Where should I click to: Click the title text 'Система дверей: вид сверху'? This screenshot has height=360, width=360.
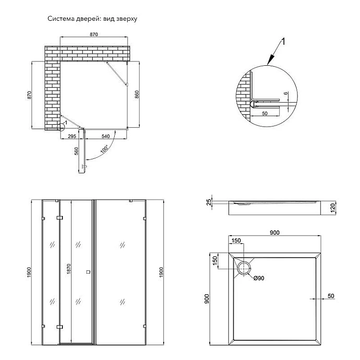coord(93,19)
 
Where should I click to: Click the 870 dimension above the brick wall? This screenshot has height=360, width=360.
coord(94,35)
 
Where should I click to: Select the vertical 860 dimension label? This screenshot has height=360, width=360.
coord(137,95)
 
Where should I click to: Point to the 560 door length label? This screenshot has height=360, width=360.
coord(76,153)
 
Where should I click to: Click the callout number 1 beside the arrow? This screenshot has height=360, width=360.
coord(283,42)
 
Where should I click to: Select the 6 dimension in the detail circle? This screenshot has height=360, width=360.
coord(285,94)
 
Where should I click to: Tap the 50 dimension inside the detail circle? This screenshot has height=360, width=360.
coord(264,113)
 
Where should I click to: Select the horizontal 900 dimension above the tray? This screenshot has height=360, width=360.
coord(275,233)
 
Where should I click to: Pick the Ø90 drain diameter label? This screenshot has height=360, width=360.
coord(258,278)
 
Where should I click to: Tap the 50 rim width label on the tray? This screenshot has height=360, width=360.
coord(331,296)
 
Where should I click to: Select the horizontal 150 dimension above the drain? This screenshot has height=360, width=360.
coord(237,241)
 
